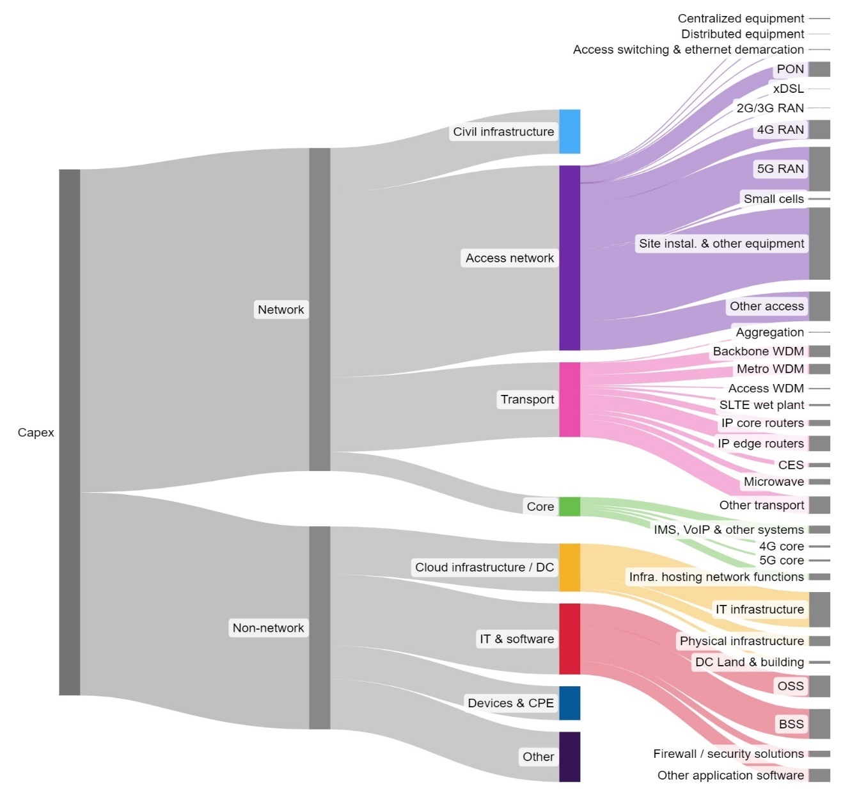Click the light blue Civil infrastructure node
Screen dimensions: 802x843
[x=569, y=131]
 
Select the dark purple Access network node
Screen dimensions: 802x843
[x=569, y=258]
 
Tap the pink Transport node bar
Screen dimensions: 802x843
[x=569, y=399]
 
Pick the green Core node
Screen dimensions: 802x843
[x=569, y=506]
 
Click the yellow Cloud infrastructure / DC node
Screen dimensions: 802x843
[x=569, y=567]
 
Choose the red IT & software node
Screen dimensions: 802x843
[x=569, y=639]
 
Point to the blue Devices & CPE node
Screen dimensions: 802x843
[x=569, y=703]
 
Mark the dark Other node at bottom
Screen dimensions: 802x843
[x=569, y=757]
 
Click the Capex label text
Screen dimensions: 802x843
[x=36, y=433]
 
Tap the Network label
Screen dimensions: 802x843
[x=281, y=310]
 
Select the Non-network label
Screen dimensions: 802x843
[x=268, y=628]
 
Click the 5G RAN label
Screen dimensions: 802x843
[x=780, y=169]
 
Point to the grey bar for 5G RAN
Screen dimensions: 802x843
[x=819, y=169]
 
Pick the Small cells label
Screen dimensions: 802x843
[x=773, y=199]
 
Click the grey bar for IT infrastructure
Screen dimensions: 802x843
[x=819, y=609]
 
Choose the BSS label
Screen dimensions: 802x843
[x=791, y=724]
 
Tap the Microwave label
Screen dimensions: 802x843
[x=773, y=482]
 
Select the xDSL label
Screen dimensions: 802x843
[x=788, y=89]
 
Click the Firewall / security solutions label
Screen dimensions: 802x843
[x=728, y=754]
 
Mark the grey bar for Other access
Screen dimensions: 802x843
[x=819, y=306]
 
